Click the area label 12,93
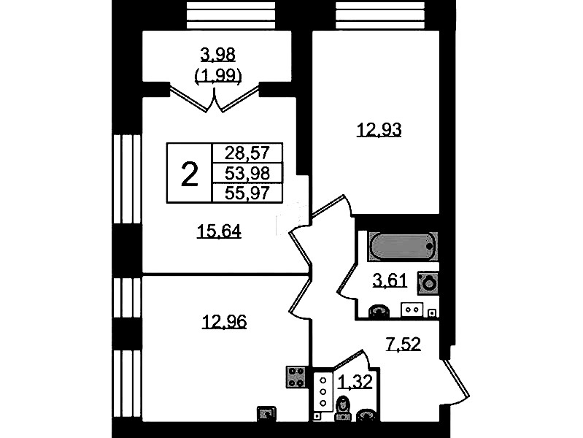coord(379,130)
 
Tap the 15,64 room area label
coord(219,231)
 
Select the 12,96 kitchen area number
coord(224,322)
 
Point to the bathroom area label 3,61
coord(390,280)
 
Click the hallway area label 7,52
coord(404,345)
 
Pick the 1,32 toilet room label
coord(355,382)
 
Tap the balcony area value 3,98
coord(218,55)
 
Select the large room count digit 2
coord(189,174)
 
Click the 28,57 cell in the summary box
coord(247,153)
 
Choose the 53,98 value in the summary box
coord(247,173)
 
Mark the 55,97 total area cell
coord(247,193)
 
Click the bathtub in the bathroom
coord(403,246)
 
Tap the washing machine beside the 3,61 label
coord(428,283)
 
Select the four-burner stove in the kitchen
coord(296,377)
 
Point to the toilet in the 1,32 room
coord(343,408)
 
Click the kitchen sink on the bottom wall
coord(266,413)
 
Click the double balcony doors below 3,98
coord(215,98)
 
